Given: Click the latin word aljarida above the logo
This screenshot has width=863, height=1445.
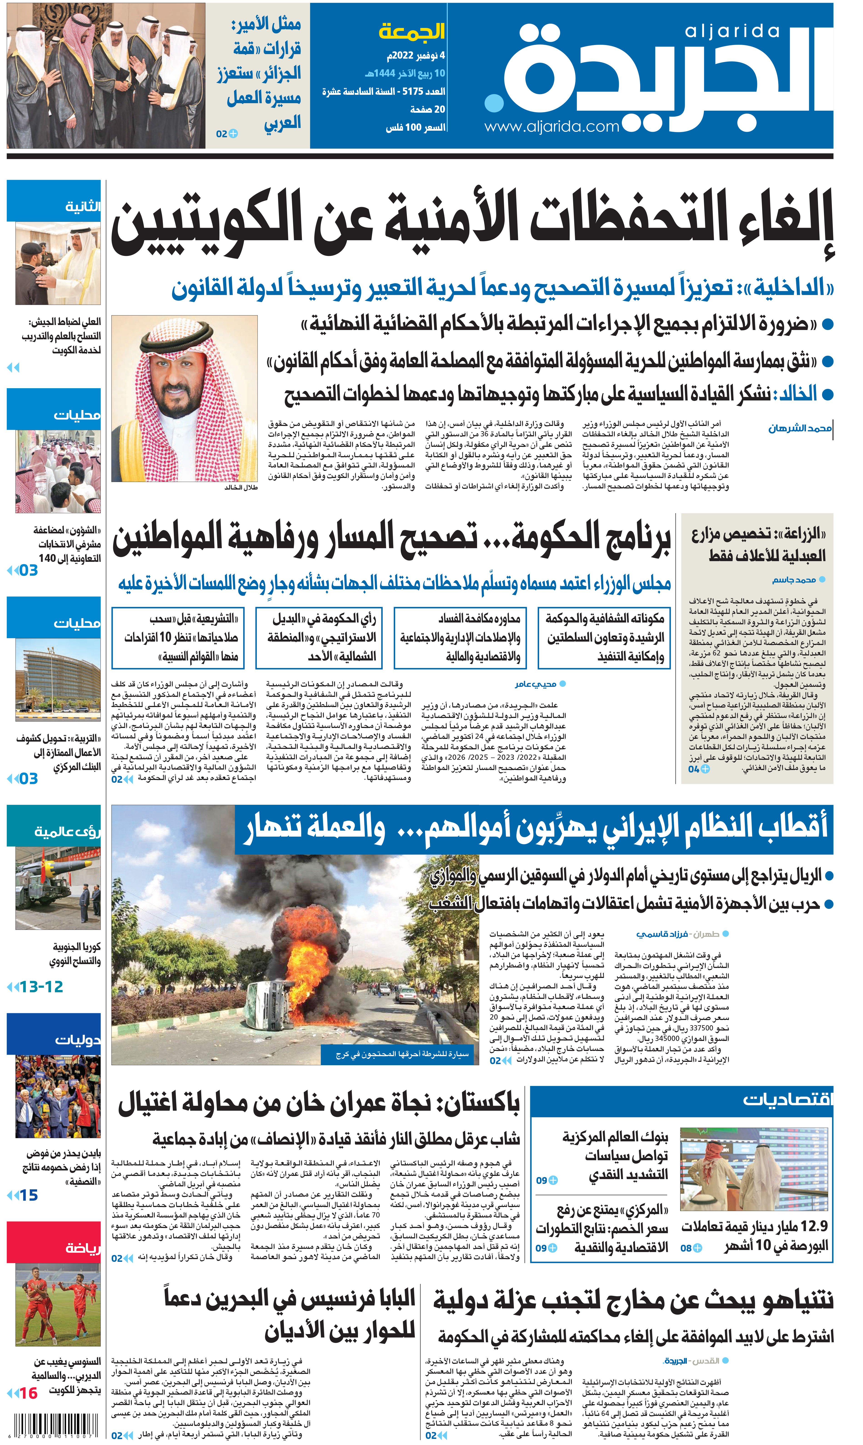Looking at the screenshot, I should (x=732, y=31).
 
